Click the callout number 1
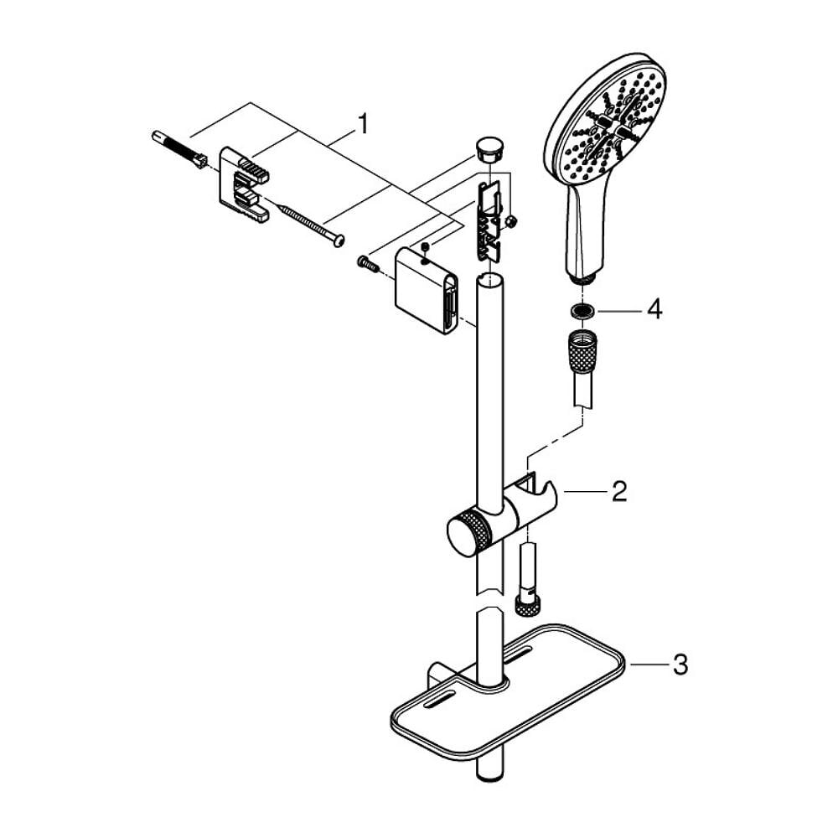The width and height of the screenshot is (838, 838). pos(362,124)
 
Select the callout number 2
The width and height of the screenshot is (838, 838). pos(618,491)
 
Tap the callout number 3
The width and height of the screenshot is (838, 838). pos(680,665)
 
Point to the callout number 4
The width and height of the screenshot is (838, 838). pos(654,310)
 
